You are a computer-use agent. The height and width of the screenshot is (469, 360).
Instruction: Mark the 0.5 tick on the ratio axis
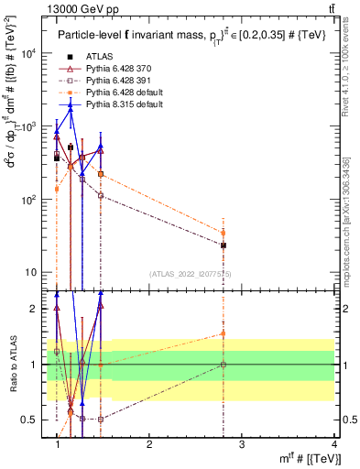point(30,420)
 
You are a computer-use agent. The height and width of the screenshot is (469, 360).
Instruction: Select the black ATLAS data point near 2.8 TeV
point(223,245)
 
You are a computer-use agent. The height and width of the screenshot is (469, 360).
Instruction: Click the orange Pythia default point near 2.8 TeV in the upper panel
point(223,233)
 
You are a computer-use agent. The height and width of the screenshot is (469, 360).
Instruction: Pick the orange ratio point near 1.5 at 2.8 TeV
point(223,333)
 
